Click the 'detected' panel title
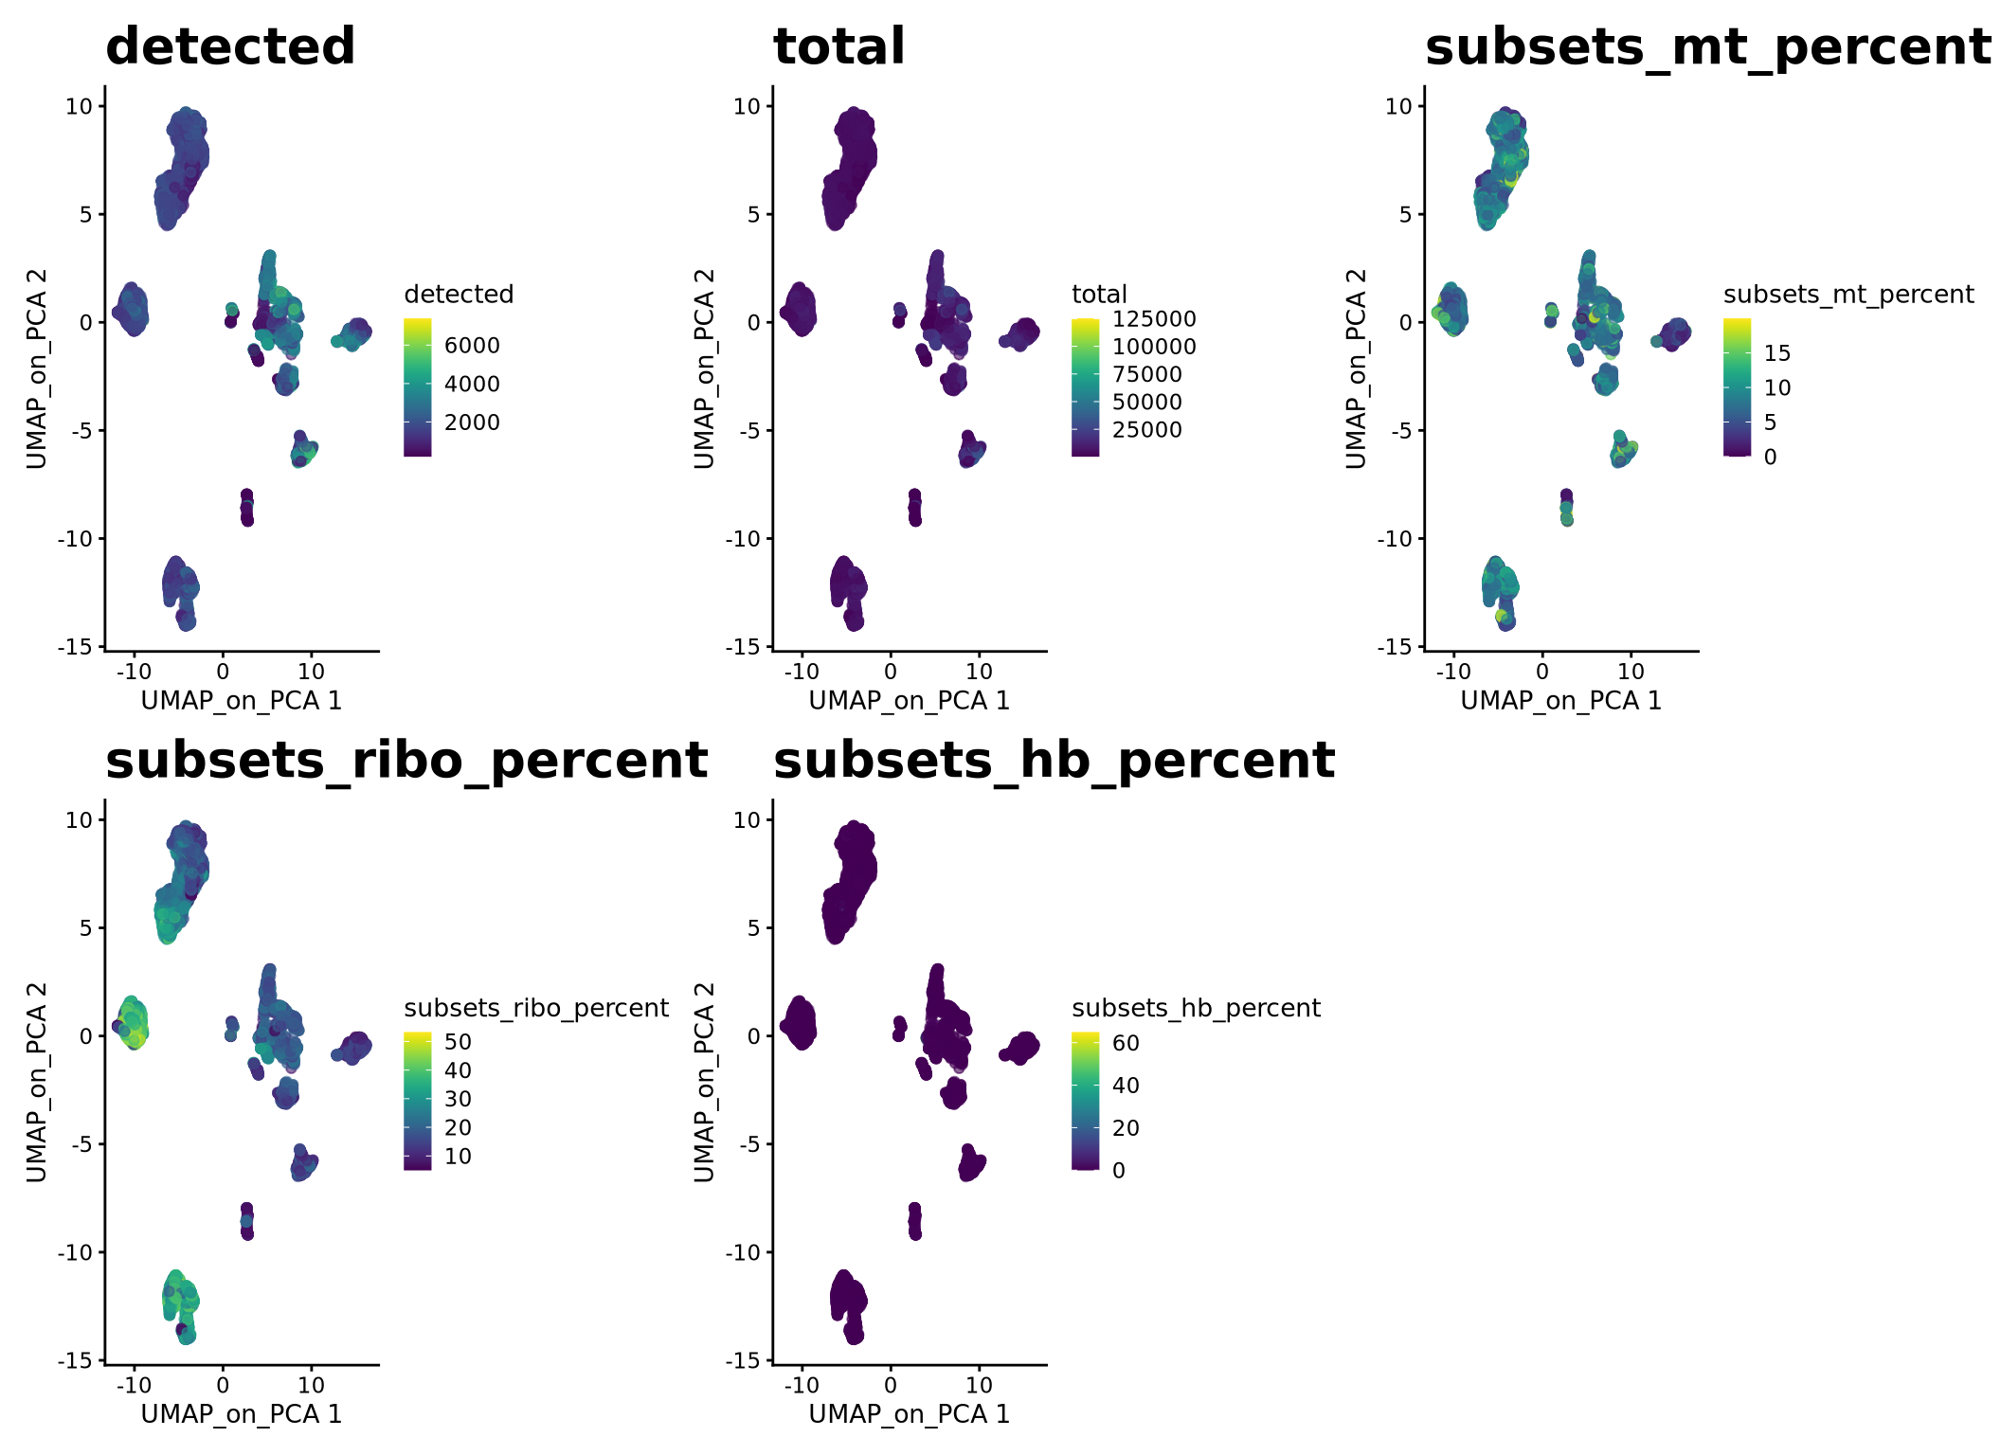pos(230,46)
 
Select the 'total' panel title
pos(839,46)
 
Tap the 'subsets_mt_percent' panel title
pos(1707,46)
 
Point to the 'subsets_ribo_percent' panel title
pos(406,760)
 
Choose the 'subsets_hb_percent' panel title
pos(1054,760)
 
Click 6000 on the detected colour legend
pos(472,346)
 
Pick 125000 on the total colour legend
pos(1154,319)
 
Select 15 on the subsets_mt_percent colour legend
pos(1777,353)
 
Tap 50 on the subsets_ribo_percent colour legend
pos(458,1042)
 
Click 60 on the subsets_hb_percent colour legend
pos(1126,1043)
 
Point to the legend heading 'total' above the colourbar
pos(1099,295)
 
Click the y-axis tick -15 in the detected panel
pos(80,646)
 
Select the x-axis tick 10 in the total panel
pos(979,672)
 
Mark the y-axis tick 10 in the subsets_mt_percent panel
pos(1398,106)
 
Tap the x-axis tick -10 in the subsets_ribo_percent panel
pos(134,1385)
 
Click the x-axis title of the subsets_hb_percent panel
pos(909,1414)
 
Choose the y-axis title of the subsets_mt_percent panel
pos(1356,368)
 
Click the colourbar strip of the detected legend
pos(417,387)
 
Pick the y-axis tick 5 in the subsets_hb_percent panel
pos(753,927)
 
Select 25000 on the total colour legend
pos(1146,430)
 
